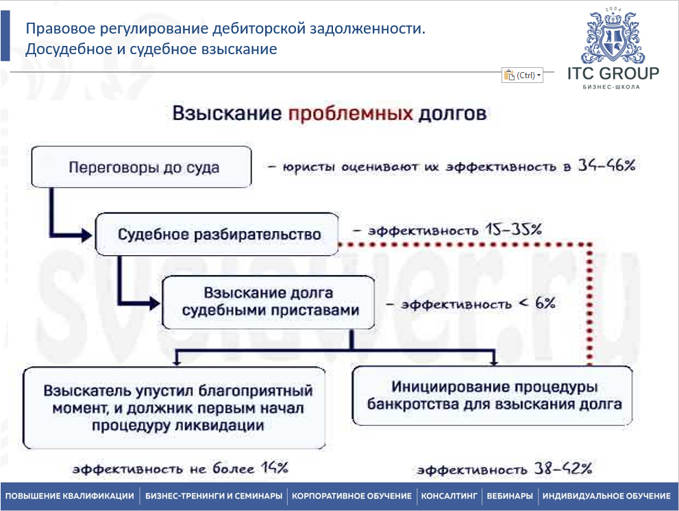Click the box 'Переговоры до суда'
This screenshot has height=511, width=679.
coord(144,167)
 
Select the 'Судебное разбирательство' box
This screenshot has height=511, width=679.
coord(219,235)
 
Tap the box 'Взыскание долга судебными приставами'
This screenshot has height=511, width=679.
coord(268,302)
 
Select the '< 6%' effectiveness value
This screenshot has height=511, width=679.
coord(536,302)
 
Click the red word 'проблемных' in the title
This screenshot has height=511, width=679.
coord(350,112)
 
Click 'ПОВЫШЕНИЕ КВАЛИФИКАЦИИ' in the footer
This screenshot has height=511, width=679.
coord(70,496)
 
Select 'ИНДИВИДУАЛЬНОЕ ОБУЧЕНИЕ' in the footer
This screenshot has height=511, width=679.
coord(606,496)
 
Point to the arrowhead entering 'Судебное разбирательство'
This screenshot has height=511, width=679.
coord(86,235)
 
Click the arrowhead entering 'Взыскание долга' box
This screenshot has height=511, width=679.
coord(152,302)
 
